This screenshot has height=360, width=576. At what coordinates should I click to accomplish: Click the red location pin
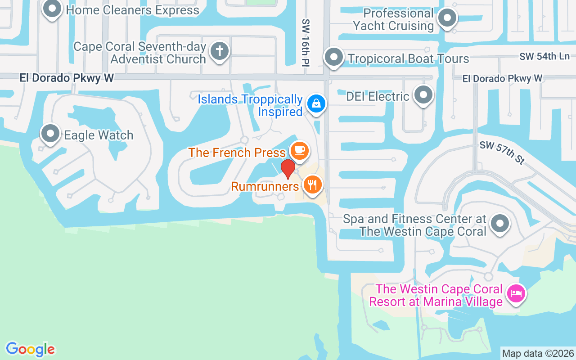point(288,169)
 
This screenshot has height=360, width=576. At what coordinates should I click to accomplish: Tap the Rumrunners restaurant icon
point(312,184)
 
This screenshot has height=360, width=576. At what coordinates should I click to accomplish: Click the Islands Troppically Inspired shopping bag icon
point(316,103)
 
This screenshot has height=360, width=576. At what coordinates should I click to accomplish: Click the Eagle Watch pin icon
point(50,134)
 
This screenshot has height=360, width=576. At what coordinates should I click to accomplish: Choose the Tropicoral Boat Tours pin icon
point(334,57)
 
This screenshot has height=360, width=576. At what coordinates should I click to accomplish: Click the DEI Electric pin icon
point(423,95)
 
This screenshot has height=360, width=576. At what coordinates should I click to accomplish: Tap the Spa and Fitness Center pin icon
point(499,224)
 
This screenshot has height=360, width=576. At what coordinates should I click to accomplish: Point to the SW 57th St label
point(502,153)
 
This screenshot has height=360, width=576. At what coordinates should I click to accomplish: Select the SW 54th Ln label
point(544,57)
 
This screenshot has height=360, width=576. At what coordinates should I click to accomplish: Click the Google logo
point(30,349)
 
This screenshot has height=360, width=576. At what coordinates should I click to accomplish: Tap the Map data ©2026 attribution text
point(538,353)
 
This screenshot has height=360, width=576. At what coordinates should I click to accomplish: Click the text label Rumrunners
point(265,186)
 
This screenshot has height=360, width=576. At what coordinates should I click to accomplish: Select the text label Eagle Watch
point(99,135)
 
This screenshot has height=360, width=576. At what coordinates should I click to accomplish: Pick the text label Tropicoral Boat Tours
point(408,58)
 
